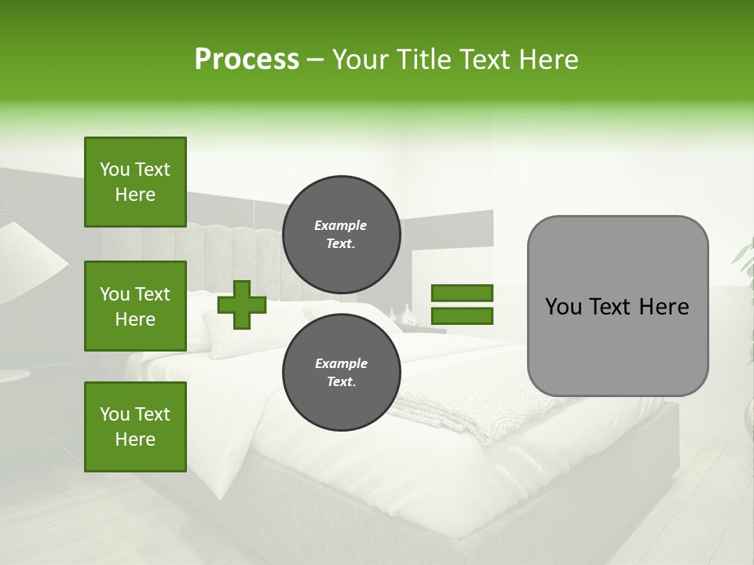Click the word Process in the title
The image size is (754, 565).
tap(247, 60)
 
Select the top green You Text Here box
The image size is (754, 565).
tap(135, 182)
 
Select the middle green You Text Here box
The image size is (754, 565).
tap(135, 306)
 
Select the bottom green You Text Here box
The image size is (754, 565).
tap(135, 427)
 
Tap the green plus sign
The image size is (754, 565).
tap(242, 304)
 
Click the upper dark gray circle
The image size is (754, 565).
tap(341, 234)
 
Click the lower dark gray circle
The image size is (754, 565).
tap(341, 372)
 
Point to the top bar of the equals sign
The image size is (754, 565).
tap(462, 293)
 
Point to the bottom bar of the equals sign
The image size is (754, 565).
tap(462, 315)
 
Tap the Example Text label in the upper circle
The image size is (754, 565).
tap(341, 234)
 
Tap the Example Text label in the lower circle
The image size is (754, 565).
tap(341, 372)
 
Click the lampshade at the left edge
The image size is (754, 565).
tap(27, 259)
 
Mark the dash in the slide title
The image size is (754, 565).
tap(316, 60)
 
